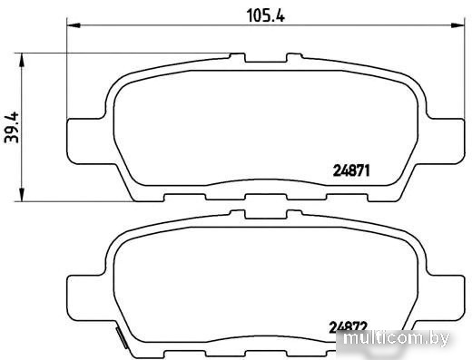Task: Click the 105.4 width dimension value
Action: click(266, 15)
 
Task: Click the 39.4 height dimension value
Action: click(12, 127)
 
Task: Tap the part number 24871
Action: click(351, 170)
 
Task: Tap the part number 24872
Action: click(348, 326)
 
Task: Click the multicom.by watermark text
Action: click(397, 338)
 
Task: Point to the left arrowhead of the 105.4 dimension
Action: click(74, 25)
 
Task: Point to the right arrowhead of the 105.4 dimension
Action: click(457, 25)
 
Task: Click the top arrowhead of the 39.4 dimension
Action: click(22, 60)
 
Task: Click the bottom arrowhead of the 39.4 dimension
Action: click(22, 194)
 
